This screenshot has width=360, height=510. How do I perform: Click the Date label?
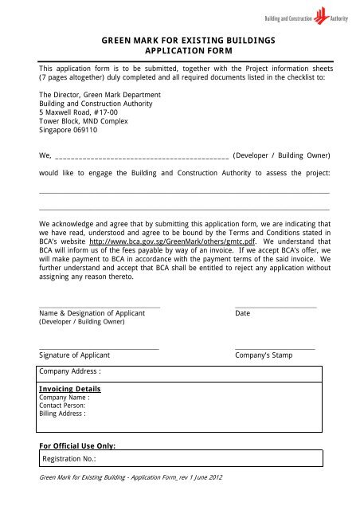click(243, 314)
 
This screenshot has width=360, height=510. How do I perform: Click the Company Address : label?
click(71, 371)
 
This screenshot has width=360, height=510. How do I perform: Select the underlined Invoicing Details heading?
click(70, 389)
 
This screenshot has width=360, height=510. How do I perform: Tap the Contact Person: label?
click(62, 406)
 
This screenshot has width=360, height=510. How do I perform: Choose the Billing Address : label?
click(62, 414)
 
